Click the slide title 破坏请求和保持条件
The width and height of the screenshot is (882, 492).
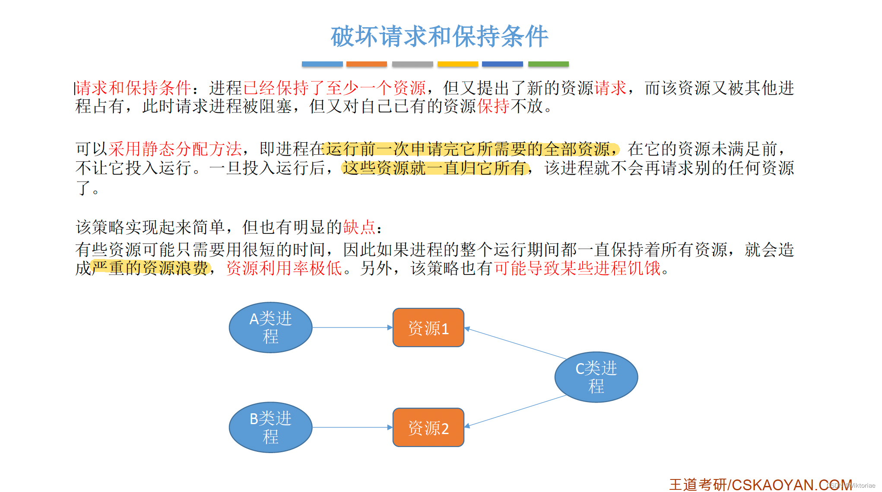(x=439, y=36)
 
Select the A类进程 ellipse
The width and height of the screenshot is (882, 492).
(x=270, y=327)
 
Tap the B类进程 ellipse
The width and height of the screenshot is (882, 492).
(x=270, y=427)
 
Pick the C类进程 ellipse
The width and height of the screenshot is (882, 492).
(x=596, y=377)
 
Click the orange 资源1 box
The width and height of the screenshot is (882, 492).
(x=428, y=328)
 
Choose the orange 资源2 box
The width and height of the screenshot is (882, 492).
(x=428, y=428)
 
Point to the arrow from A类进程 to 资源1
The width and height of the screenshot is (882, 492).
(x=352, y=327)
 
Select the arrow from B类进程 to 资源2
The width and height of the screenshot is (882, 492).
(x=352, y=427)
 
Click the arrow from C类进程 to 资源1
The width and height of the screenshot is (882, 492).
(x=516, y=344)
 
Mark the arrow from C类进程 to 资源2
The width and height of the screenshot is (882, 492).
(x=516, y=411)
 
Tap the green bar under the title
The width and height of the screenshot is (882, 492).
(x=548, y=64)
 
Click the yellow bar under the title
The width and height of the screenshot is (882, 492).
(x=457, y=64)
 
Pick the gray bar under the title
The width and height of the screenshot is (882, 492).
(x=412, y=64)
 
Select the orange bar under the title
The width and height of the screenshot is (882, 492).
(x=366, y=64)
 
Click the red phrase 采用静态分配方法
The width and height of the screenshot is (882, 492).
(x=175, y=149)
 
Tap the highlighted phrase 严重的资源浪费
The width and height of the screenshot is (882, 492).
(x=150, y=268)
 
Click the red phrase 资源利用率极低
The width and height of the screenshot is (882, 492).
(x=284, y=268)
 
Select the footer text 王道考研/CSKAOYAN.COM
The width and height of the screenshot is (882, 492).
(x=760, y=484)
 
